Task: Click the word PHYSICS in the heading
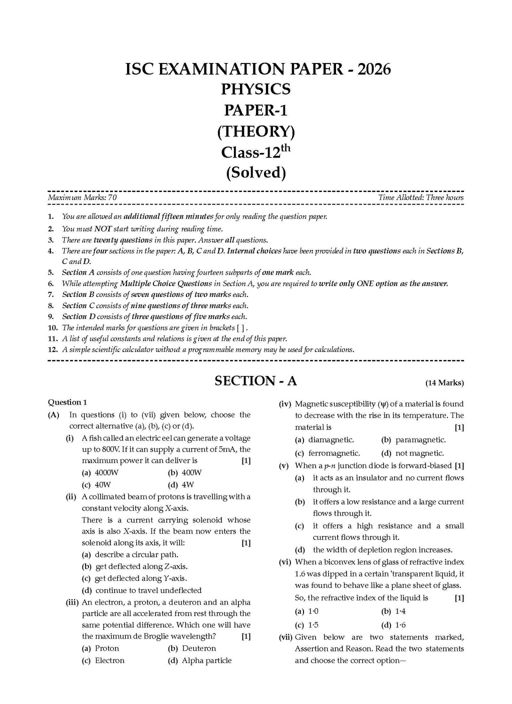point(255,89)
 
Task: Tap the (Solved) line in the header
point(255,172)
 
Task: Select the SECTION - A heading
point(255,381)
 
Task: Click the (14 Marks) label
point(444,383)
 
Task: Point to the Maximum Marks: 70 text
point(82,197)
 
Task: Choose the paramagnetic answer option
point(420,440)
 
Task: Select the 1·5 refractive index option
point(313,625)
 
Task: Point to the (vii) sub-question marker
point(285,637)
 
